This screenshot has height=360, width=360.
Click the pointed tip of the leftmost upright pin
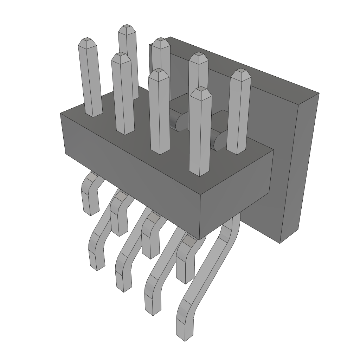pyautogui.click(x=86, y=40)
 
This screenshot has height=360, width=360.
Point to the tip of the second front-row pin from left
pyautogui.click(x=121, y=55)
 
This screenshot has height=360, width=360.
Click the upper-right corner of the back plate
pyautogui.click(x=319, y=94)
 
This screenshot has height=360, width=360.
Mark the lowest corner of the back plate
pyautogui.click(x=280, y=243)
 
